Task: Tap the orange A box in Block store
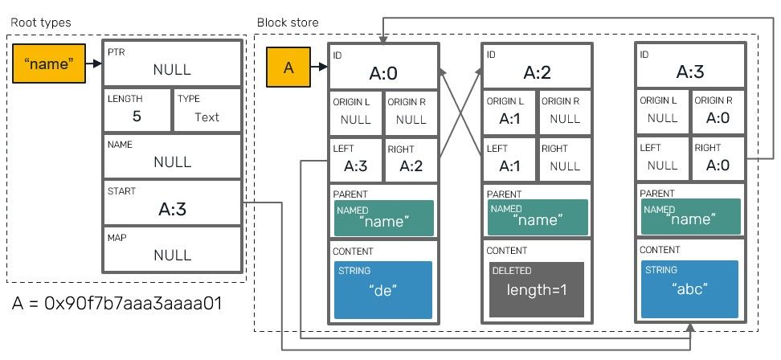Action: [289, 68]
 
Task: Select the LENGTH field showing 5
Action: [137, 110]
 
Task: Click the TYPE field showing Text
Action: [207, 110]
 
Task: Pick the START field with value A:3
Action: [172, 202]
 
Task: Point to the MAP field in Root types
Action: [172, 249]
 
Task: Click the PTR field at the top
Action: [172, 63]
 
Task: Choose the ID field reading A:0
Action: [383, 67]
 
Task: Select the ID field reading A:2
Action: [536, 67]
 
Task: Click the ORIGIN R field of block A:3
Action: [715, 112]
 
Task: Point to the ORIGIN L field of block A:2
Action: [509, 112]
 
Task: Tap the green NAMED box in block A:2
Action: [536, 217]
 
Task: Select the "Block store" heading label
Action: [287, 22]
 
